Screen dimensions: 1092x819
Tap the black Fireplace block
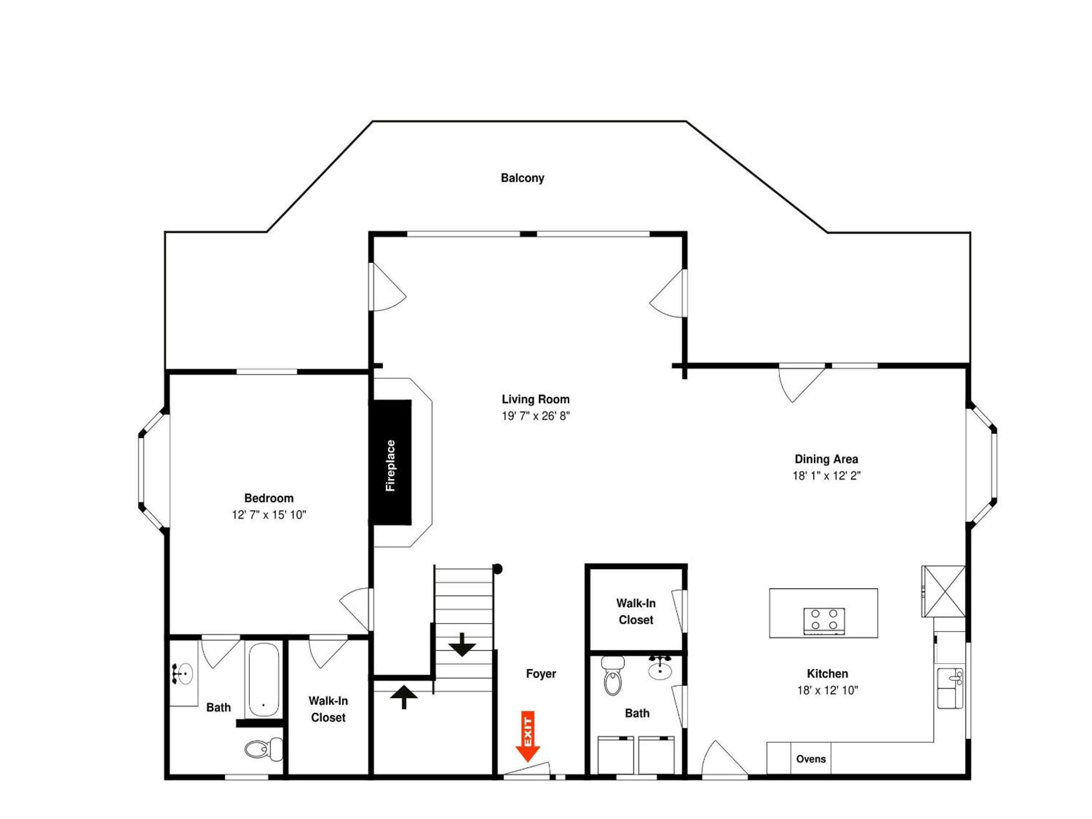tap(391, 463)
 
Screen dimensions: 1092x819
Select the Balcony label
tap(522, 178)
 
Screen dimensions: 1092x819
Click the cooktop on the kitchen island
tap(824, 621)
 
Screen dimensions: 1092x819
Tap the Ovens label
tap(811, 759)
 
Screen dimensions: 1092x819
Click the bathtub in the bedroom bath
tap(263, 680)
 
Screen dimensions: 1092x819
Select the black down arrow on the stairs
tap(462, 645)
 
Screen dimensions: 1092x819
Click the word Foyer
tap(541, 674)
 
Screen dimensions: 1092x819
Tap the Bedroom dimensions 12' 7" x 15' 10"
tap(269, 515)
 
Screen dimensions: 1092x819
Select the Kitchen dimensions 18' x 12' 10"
tap(828, 690)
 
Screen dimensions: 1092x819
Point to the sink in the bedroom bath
tap(183, 674)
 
